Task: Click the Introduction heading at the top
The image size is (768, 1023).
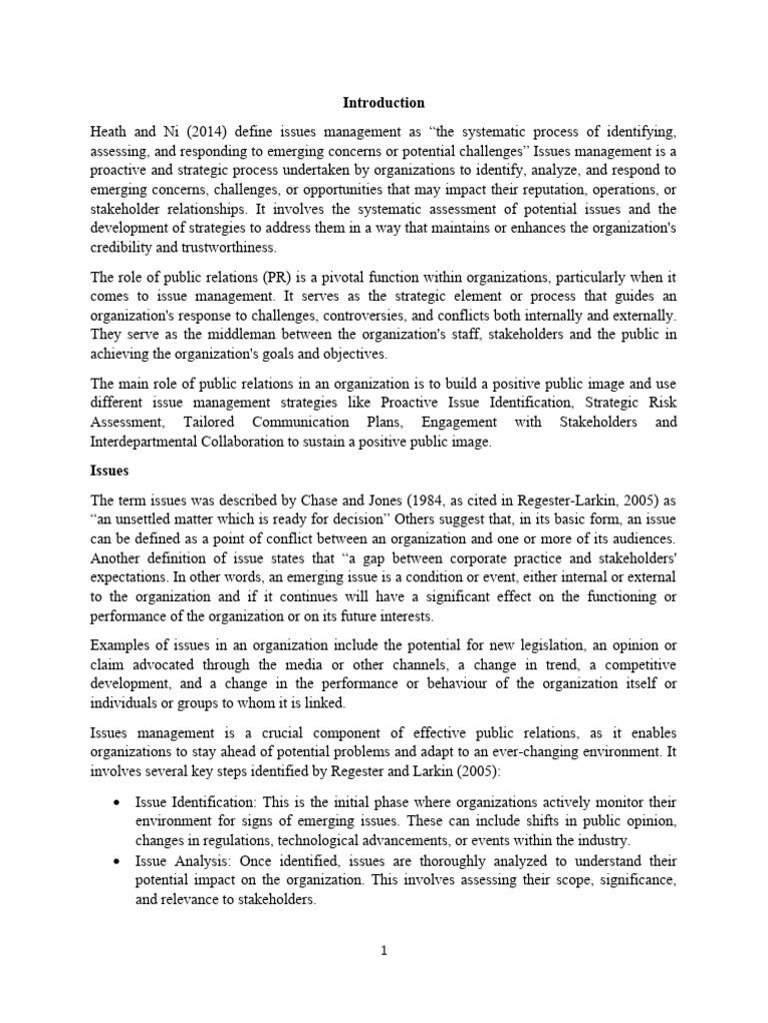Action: click(x=384, y=103)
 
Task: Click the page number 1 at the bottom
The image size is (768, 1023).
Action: click(x=383, y=951)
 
